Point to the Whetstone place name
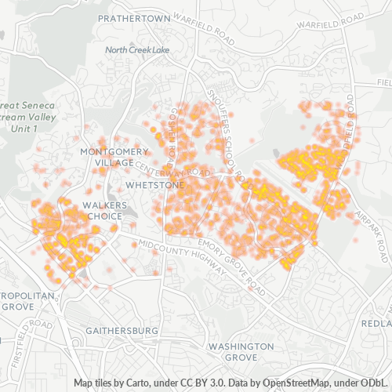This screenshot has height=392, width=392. coord(155,185)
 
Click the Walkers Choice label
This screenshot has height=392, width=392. coord(100,209)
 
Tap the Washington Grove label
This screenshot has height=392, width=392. coord(241,351)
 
